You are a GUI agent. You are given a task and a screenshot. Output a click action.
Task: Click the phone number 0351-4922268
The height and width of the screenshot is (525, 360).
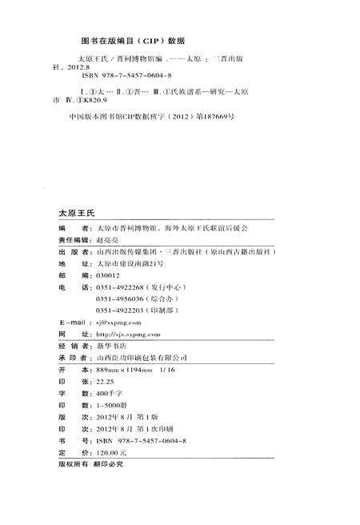click(x=118, y=287)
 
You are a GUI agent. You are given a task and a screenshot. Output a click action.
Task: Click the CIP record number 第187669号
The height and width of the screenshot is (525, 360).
click(x=210, y=117)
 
